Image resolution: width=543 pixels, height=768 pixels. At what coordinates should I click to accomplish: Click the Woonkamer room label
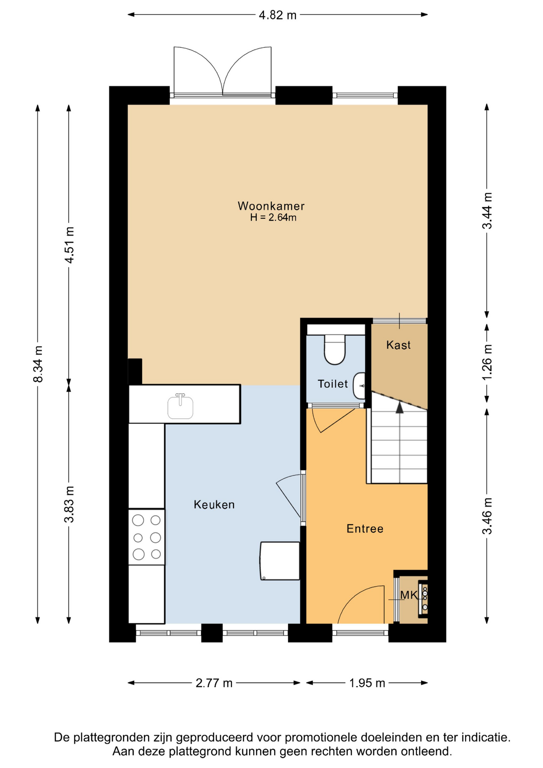271,206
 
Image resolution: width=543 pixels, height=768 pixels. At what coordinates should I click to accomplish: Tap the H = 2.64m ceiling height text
273,218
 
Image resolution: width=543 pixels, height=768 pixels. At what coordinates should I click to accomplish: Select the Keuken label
214,504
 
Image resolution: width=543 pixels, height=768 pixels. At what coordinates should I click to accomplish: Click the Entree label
365,528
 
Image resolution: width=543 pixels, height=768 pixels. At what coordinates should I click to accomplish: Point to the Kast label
398,345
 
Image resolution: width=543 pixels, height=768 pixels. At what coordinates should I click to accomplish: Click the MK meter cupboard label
409,595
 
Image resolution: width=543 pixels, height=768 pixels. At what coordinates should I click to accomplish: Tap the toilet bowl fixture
335,350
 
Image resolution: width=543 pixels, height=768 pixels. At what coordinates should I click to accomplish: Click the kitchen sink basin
180,406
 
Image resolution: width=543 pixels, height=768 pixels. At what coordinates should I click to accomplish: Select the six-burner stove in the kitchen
146,537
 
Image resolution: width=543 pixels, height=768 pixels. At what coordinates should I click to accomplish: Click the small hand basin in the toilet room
359,386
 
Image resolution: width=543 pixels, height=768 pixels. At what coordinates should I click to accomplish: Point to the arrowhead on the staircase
399,407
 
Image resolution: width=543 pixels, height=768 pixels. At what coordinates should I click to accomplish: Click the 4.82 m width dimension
277,15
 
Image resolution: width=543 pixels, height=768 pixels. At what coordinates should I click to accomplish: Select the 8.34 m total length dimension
38,364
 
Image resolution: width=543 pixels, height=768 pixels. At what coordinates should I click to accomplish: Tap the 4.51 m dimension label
69,245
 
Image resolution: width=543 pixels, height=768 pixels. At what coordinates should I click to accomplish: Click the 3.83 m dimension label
69,504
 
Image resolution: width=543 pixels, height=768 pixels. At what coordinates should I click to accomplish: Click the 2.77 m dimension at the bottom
214,683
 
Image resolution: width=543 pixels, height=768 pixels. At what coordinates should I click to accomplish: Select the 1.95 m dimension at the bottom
367,683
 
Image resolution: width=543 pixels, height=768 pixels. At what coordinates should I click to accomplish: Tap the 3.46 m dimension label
487,516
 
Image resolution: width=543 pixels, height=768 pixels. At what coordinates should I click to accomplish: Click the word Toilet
333,384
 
